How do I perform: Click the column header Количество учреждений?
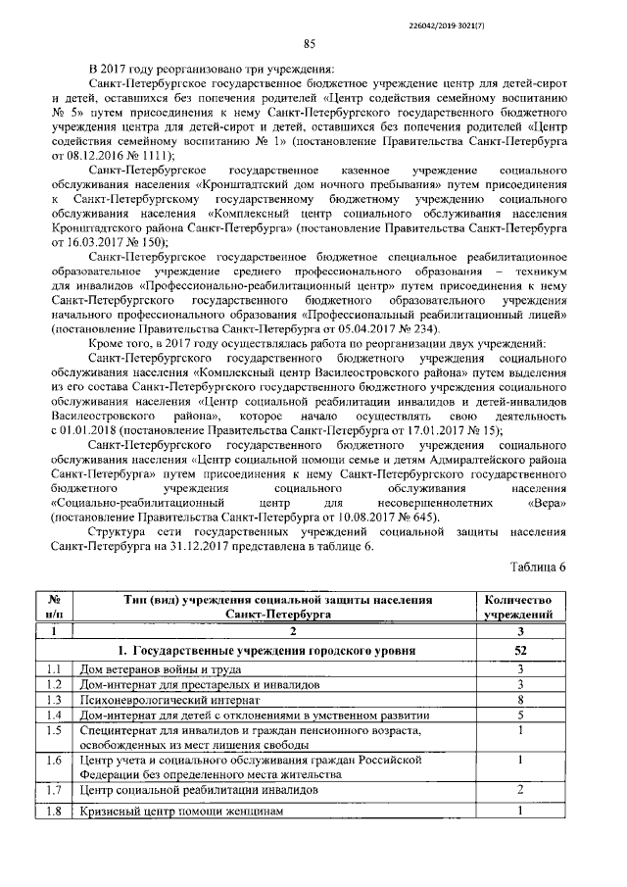tap(520, 606)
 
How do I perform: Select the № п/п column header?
tap(56, 606)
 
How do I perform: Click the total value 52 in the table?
tap(520, 650)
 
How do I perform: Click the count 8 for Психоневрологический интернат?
tap(520, 701)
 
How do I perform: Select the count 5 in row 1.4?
tap(520, 717)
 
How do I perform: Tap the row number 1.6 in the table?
tap(56, 760)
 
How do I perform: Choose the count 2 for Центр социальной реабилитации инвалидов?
tap(520, 789)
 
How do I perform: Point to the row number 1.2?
tap(56, 684)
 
